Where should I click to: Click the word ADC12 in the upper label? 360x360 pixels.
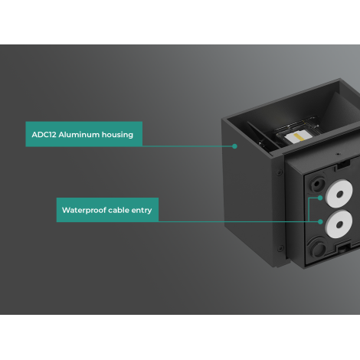[44, 135]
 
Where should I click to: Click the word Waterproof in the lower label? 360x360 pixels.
[83, 211]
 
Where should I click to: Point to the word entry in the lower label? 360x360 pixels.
[142, 211]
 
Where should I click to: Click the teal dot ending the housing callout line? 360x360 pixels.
[234, 146]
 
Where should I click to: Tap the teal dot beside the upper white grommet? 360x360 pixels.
[320, 198]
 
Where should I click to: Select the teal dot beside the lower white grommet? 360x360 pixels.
[320, 222]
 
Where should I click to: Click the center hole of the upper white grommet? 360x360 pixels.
[340, 195]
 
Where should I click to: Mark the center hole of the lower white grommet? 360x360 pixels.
[339, 225]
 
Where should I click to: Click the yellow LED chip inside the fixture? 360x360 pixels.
[297, 137]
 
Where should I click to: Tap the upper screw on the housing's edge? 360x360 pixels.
[280, 172]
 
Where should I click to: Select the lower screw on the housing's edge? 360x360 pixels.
[280, 248]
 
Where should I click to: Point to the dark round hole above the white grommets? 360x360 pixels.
[317, 184]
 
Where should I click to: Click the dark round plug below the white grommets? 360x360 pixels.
[319, 249]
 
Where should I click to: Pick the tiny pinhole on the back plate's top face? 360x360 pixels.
[339, 154]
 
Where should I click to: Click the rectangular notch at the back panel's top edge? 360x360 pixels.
[343, 165]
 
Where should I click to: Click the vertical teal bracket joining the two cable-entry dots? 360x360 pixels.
[309, 210]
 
